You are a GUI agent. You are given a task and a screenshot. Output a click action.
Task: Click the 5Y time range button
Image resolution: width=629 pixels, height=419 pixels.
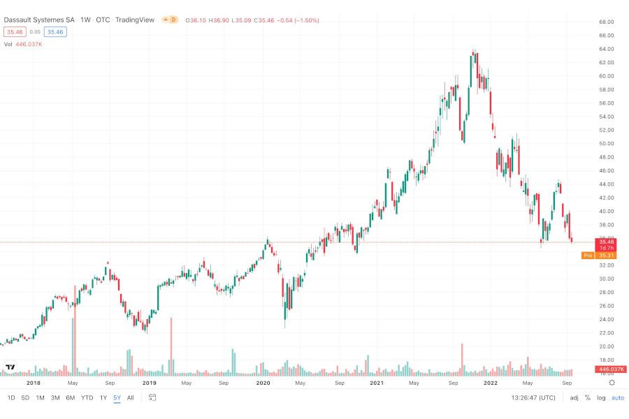(117, 398)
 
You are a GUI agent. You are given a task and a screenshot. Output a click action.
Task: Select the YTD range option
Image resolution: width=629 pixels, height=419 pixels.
(87, 398)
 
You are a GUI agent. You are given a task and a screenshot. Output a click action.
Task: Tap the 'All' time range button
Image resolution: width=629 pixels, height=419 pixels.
(131, 398)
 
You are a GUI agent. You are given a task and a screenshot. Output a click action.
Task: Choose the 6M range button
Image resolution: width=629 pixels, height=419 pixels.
(70, 398)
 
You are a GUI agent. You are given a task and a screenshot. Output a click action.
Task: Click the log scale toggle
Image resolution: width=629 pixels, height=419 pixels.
(601, 398)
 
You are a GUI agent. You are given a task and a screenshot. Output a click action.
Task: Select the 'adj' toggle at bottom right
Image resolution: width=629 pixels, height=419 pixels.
(574, 398)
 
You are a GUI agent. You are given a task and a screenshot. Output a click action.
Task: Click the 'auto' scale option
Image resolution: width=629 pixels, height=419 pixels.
(618, 398)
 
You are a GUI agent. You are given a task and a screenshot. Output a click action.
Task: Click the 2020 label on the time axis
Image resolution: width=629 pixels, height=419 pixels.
(263, 383)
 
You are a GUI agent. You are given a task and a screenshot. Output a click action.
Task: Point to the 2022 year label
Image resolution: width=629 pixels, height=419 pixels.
(491, 383)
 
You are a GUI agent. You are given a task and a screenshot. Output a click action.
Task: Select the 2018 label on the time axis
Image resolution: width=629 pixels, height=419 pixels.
(34, 383)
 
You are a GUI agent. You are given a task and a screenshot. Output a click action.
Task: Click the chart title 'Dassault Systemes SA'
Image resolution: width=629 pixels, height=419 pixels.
(39, 20)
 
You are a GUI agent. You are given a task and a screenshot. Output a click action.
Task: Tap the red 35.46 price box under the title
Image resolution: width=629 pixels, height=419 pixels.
(15, 32)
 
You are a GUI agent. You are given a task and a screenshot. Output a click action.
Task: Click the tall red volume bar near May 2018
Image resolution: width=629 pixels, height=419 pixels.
(73, 328)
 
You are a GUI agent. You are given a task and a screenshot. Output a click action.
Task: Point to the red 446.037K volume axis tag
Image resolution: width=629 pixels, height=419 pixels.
(612, 369)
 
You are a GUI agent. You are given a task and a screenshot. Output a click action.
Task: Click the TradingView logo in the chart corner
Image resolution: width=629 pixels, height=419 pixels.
(10, 367)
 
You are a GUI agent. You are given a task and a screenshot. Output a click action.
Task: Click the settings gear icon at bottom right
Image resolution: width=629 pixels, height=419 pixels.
(612, 383)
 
